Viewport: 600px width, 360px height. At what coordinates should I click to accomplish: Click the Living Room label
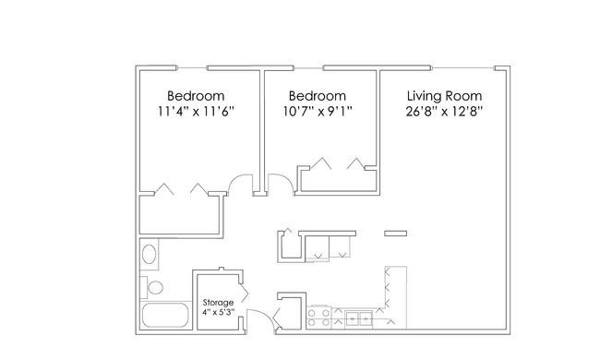(x=444, y=96)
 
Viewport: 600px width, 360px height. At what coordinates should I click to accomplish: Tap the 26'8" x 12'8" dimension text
(x=444, y=112)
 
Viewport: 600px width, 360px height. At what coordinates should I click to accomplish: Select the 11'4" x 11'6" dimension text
(x=196, y=112)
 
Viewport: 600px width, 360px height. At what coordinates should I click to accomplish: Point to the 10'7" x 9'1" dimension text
(x=318, y=112)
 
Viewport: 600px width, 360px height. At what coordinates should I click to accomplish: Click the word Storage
(x=218, y=303)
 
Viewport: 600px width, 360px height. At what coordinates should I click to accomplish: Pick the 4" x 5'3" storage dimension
(x=218, y=312)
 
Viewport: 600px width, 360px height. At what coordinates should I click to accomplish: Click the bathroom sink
(x=149, y=254)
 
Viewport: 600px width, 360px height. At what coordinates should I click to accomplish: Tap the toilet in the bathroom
(x=152, y=287)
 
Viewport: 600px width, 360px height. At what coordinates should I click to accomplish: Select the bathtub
(x=165, y=316)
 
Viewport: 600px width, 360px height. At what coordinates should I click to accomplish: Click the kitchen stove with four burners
(x=319, y=318)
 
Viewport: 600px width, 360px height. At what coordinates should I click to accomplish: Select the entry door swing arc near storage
(x=263, y=314)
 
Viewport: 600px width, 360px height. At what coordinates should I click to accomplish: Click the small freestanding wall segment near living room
(x=396, y=234)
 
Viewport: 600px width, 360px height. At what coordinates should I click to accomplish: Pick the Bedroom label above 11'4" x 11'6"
(x=196, y=96)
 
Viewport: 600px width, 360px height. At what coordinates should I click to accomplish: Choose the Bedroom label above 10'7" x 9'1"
(x=318, y=96)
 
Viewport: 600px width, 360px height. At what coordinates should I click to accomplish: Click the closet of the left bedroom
(x=179, y=214)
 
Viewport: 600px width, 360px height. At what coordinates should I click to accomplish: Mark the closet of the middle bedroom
(x=337, y=180)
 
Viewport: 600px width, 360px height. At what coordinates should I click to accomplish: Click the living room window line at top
(x=463, y=68)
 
